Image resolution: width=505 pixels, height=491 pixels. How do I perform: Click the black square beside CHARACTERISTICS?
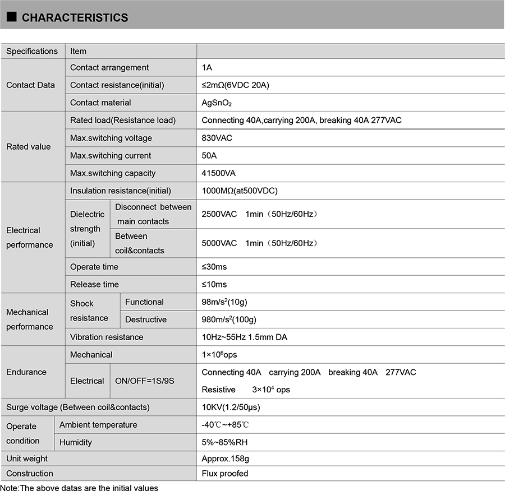click(x=11, y=17)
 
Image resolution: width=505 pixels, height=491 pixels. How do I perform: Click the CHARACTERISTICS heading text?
click(x=75, y=18)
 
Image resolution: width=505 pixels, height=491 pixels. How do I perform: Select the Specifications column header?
click(x=32, y=51)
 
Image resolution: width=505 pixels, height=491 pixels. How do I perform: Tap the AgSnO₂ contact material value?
click(x=217, y=103)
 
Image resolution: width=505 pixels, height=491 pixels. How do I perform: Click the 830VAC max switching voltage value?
click(x=217, y=138)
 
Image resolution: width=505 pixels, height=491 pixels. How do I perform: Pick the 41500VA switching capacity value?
click(x=218, y=173)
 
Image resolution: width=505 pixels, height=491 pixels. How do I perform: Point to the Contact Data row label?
click(x=30, y=85)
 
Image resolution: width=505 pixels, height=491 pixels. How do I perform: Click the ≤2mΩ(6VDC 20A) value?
click(x=236, y=85)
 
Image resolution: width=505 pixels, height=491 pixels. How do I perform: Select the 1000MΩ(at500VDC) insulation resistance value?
click(x=240, y=191)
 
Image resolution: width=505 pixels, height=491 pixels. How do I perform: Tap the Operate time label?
click(x=94, y=267)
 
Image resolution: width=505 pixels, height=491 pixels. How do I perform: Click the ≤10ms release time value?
click(x=214, y=284)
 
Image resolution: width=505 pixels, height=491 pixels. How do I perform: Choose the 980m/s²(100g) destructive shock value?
click(x=228, y=319)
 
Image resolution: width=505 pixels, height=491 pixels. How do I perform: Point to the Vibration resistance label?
click(x=107, y=337)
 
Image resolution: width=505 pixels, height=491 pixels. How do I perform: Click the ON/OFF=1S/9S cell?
click(x=145, y=381)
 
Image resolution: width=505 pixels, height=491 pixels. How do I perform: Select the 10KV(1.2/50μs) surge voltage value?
click(x=231, y=407)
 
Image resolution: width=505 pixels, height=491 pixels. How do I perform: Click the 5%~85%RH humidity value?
click(x=224, y=442)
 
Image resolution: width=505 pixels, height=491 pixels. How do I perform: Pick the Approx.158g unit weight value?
click(x=225, y=459)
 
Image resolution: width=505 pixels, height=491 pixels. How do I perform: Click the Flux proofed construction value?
click(x=225, y=474)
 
